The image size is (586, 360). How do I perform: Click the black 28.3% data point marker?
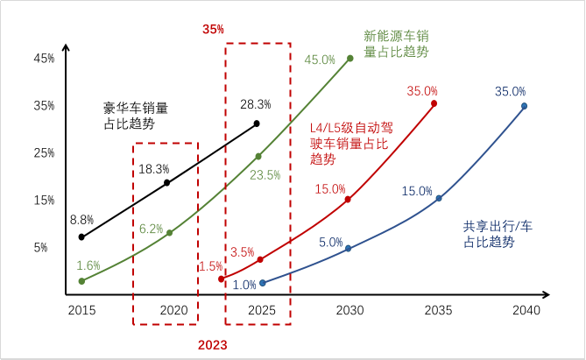click(x=257, y=124)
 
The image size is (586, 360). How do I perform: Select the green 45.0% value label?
click(x=320, y=60)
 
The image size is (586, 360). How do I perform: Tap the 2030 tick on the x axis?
click(x=349, y=311)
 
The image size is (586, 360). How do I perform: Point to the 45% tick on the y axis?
click(x=44, y=59)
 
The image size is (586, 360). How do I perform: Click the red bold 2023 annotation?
click(x=212, y=345)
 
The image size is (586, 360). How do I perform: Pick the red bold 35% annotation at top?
click(x=213, y=29)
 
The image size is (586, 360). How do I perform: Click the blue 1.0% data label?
click(x=244, y=285)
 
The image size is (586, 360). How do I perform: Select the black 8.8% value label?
click(x=81, y=221)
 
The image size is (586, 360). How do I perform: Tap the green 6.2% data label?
click(x=151, y=229)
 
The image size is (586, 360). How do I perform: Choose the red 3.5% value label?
click(x=243, y=252)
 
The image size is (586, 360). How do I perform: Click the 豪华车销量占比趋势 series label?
click(x=135, y=116)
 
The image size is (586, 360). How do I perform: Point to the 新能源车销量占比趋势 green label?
click(x=396, y=44)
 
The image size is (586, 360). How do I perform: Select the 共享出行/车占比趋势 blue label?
click(x=497, y=233)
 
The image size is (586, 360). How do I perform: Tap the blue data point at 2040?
click(x=524, y=106)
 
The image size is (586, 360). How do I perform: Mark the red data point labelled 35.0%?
click(x=434, y=103)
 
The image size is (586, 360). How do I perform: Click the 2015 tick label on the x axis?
click(x=81, y=311)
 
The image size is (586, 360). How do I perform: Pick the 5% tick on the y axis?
click(x=46, y=248)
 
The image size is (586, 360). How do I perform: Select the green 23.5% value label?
click(x=265, y=174)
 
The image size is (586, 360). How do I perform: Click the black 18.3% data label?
click(x=153, y=169)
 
